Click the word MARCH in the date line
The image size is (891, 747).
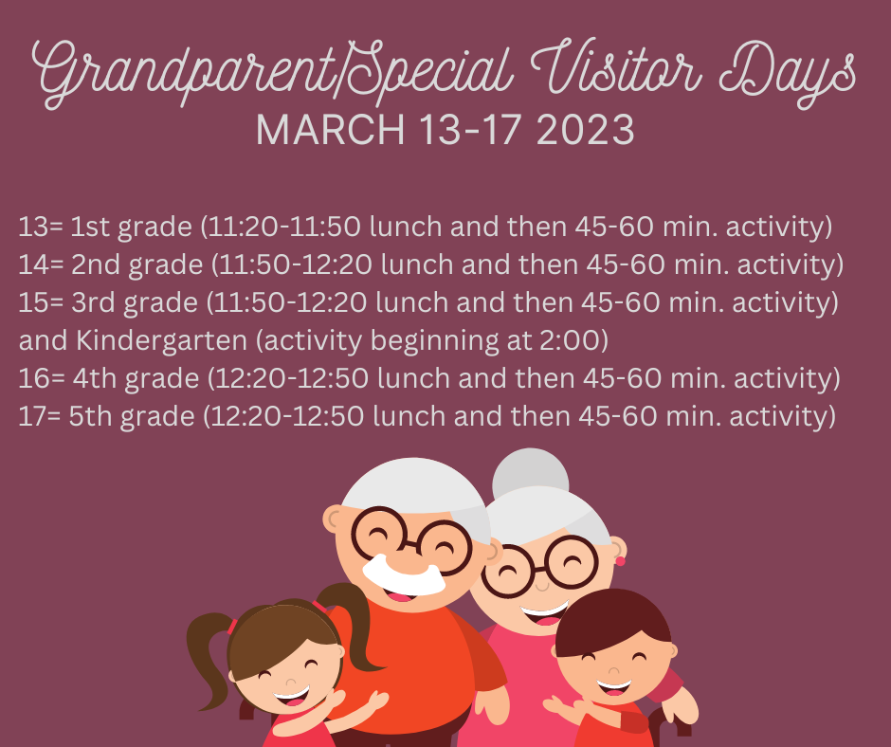point(330,130)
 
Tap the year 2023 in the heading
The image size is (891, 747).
point(585,130)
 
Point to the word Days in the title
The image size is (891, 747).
point(787,73)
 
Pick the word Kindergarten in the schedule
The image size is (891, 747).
point(161,340)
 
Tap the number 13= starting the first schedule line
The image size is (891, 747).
point(41,227)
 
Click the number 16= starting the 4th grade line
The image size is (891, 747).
point(42,378)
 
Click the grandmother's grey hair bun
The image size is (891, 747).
point(530,472)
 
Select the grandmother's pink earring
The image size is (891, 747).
point(620,561)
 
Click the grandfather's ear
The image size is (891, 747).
point(333,519)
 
